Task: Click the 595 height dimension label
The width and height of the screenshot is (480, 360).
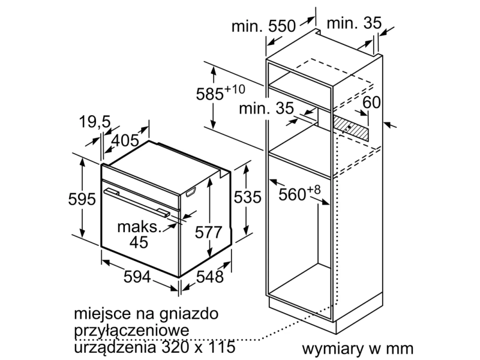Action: (x=82, y=199)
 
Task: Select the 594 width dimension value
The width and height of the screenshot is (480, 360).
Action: (x=137, y=277)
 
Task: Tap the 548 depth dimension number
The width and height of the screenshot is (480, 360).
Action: (x=209, y=277)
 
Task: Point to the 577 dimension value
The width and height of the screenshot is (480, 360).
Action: (x=208, y=232)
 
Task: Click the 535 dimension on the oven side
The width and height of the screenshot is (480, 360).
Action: (x=247, y=197)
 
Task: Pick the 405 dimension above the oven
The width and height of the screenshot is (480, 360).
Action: (x=125, y=140)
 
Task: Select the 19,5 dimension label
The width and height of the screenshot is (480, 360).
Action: (x=95, y=122)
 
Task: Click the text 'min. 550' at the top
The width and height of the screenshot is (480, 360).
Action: (x=263, y=26)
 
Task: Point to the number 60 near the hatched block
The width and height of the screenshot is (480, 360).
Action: (x=371, y=102)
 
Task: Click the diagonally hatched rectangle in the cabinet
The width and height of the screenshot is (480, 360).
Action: (x=351, y=128)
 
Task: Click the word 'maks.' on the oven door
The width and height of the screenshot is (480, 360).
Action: (x=139, y=227)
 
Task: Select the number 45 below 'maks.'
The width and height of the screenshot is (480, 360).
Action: (x=139, y=242)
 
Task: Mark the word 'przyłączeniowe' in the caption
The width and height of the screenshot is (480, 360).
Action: (x=131, y=331)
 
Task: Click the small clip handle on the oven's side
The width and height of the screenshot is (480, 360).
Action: (x=190, y=192)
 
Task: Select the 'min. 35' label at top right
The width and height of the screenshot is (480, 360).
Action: (x=354, y=23)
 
